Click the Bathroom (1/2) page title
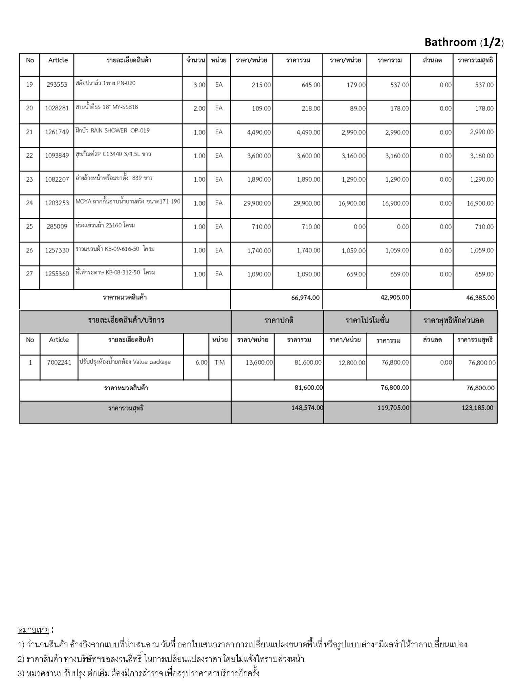[x=464, y=42]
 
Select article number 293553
[x=57, y=85]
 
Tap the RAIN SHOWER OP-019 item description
[x=112, y=131]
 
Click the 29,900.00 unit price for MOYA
[x=257, y=203]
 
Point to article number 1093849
[x=57, y=156]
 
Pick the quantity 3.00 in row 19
[x=199, y=85]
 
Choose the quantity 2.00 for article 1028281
[x=199, y=108]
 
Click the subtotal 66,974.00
[x=305, y=298]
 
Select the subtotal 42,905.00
[x=394, y=298]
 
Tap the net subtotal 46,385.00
[x=480, y=298]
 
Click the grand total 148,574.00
[x=307, y=408]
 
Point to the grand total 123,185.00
[x=477, y=408]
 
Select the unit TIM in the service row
[x=219, y=363]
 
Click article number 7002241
[x=59, y=363]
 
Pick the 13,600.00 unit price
[x=259, y=363]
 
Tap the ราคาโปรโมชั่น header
[x=367, y=321]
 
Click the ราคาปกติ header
[x=279, y=321]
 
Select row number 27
[x=29, y=274]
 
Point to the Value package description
[x=125, y=362]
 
